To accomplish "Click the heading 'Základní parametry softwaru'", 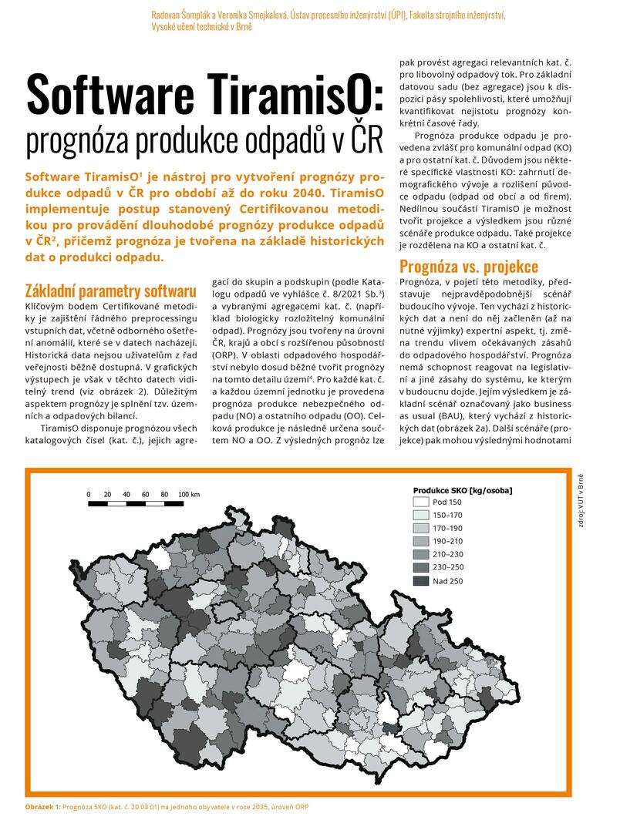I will pyautogui.click(x=110, y=291).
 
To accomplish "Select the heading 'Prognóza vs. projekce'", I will pyautogui.click(x=469, y=267).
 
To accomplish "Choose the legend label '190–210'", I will pyautogui.click(x=448, y=542).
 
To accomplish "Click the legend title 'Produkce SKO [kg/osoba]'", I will pyautogui.click(x=463, y=489).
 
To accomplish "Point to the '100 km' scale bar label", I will pyautogui.click(x=190, y=494).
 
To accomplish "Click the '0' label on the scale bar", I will pyautogui.click(x=88, y=494).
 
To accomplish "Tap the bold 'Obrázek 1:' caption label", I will pyautogui.click(x=43, y=806).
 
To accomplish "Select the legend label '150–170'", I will pyautogui.click(x=448, y=515).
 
